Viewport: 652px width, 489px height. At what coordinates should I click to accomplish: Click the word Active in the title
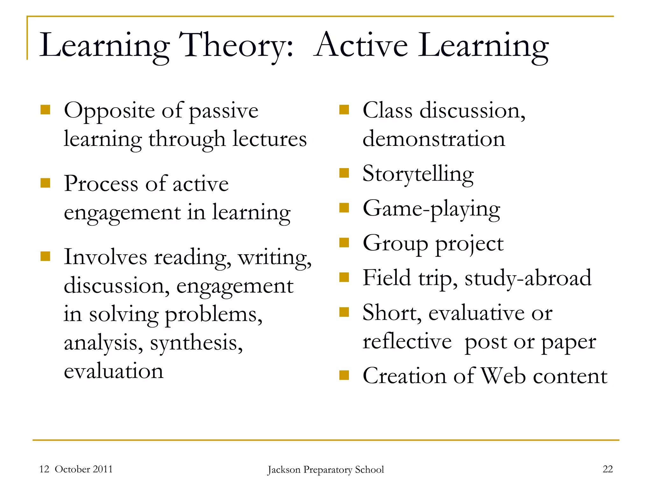pos(361,46)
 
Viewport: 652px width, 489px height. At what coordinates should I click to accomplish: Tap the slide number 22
pos(607,469)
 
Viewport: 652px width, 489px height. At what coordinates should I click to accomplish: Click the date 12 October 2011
pos(76,469)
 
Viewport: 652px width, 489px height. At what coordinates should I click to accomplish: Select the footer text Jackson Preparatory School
pos(326,470)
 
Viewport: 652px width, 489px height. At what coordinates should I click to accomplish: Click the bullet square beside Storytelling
pos(344,173)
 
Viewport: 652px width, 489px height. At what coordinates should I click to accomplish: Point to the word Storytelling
pos(418,174)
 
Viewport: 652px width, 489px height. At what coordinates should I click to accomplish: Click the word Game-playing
pos(431,209)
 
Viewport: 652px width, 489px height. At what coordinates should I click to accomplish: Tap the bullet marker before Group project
pos(344,243)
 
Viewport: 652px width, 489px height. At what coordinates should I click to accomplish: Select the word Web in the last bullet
pos(503,376)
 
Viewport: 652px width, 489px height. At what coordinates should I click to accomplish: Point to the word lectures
pos(269,139)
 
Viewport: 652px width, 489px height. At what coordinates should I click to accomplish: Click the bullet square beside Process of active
pos(46,183)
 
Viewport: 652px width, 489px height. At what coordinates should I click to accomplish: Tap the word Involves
pos(105,257)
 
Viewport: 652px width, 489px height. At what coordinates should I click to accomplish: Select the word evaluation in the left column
pos(114,371)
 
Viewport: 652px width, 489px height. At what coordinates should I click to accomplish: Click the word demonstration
pos(434,139)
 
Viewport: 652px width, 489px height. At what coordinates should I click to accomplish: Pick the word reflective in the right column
pos(407,342)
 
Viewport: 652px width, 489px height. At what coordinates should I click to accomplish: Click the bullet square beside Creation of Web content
pos(344,375)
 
